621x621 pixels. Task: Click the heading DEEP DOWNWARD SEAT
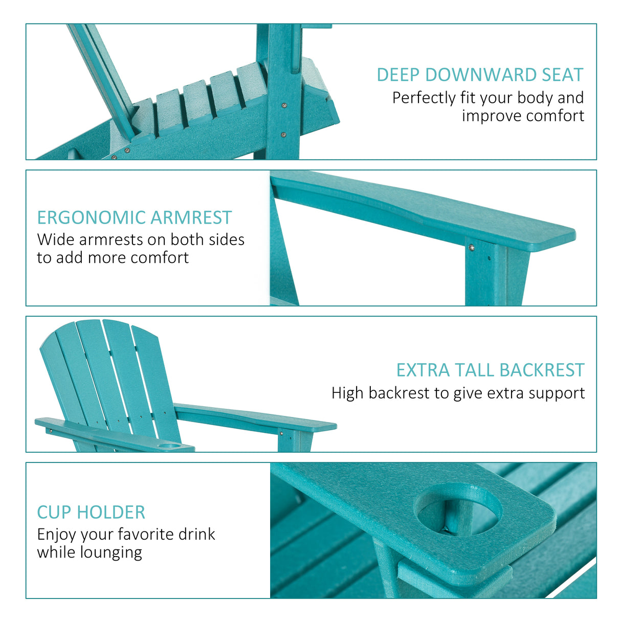480,75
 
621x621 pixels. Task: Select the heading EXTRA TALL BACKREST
490,370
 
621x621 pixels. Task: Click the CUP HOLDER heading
91,513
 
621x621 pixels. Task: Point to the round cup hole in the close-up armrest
458,510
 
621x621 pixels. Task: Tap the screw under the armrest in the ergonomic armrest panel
472,248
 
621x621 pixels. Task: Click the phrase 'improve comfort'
523,116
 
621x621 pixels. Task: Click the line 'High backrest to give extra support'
458,393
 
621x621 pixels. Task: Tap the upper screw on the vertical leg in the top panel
284,105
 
